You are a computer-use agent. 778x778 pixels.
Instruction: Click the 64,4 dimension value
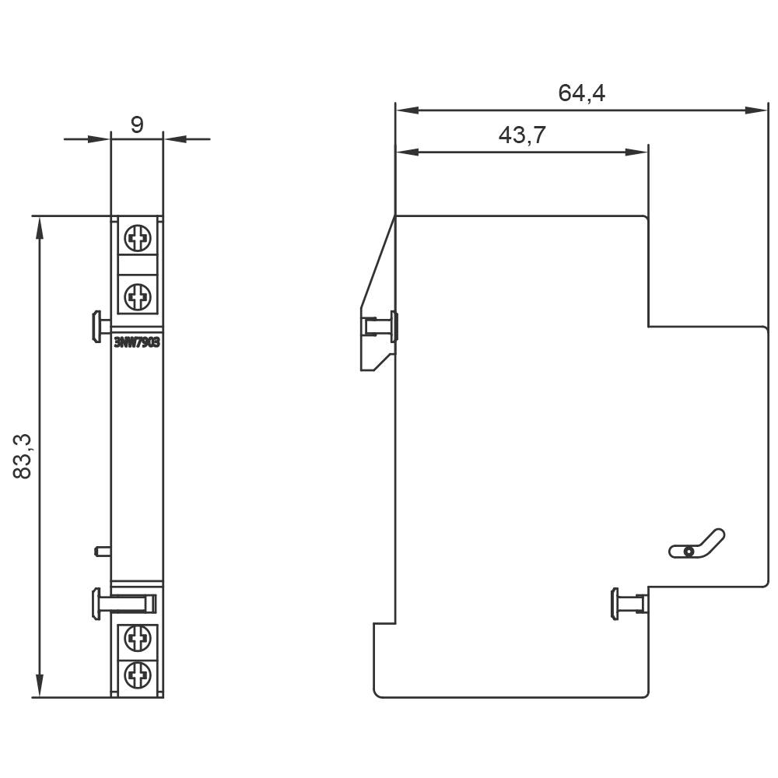[581, 93]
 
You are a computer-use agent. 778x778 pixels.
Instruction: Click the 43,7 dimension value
[521, 135]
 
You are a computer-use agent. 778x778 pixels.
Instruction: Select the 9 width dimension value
[137, 124]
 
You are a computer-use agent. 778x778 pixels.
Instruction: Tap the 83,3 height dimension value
[23, 457]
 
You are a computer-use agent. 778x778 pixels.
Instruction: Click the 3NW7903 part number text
[137, 342]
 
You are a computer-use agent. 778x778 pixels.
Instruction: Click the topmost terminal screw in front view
[138, 238]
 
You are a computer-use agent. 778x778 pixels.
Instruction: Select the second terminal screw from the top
[138, 295]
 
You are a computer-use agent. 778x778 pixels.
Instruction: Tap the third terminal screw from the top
[138, 640]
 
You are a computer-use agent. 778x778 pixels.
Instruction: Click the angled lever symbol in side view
[697, 545]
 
